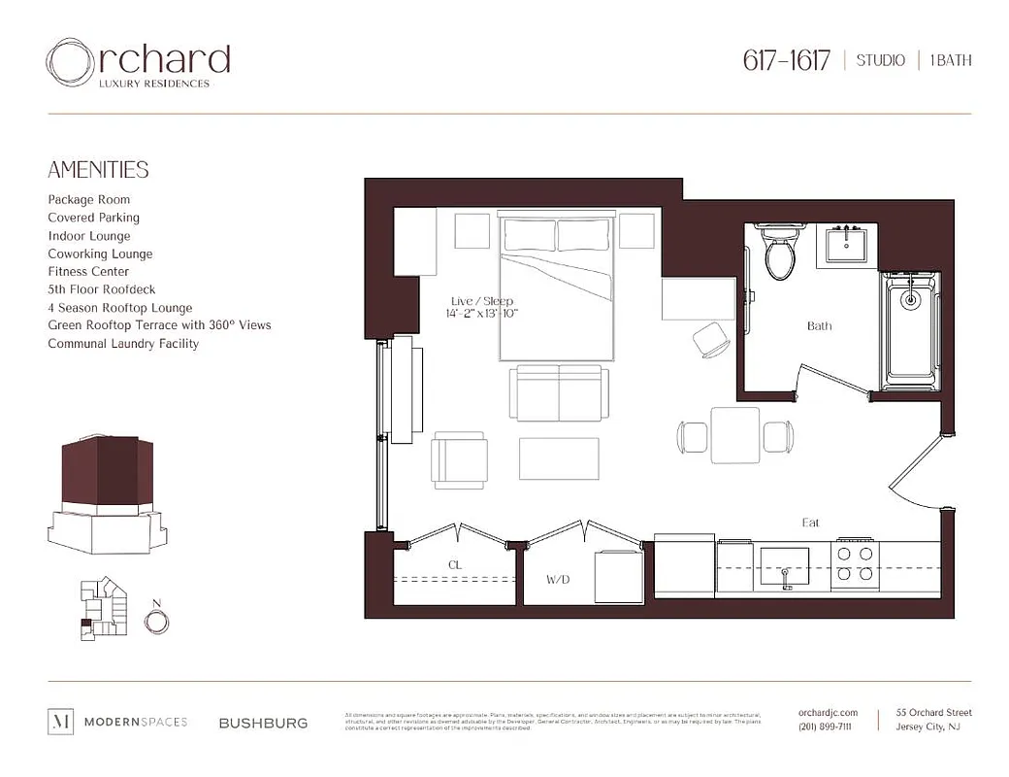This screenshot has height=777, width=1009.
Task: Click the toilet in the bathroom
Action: [779, 254]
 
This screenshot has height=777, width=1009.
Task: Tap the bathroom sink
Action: [851, 246]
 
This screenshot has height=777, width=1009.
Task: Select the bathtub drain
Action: [910, 299]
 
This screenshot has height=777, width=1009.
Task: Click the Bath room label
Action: [820, 326]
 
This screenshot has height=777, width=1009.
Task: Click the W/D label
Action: [557, 580]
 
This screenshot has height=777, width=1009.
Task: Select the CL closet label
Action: [454, 563]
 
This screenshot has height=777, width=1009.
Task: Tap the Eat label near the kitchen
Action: [811, 523]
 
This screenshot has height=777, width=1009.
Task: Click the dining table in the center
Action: [734, 436]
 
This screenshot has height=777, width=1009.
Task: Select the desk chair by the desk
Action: [711, 339]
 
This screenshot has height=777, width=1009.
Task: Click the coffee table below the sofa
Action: [559, 458]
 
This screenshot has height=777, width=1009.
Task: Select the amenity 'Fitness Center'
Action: [88, 272]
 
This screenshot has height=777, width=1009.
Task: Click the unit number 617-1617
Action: [787, 60]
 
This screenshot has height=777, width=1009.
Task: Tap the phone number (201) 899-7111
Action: [825, 727]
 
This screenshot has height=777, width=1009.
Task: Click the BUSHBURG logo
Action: [263, 723]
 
